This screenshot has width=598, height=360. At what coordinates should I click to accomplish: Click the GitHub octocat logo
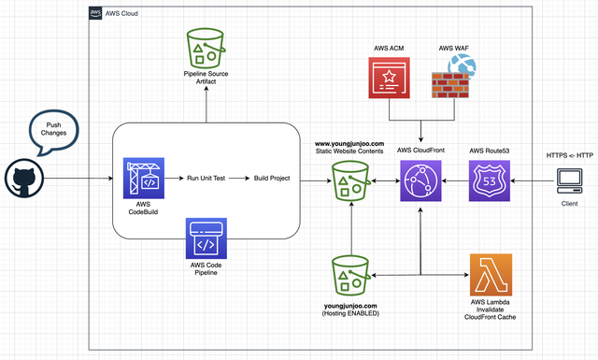click(x=24, y=179)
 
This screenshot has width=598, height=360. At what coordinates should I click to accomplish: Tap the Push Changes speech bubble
click(x=54, y=131)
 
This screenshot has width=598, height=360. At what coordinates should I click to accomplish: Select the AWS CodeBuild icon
click(x=143, y=179)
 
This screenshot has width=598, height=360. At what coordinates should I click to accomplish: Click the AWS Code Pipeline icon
click(x=206, y=238)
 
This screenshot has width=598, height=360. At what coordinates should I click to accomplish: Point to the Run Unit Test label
click(x=206, y=179)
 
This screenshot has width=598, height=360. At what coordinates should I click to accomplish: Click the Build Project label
click(x=272, y=179)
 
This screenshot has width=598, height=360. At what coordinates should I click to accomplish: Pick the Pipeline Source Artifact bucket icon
click(x=206, y=48)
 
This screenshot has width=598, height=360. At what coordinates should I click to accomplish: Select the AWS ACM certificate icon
click(x=389, y=78)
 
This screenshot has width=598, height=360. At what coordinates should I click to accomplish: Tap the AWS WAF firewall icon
click(x=453, y=77)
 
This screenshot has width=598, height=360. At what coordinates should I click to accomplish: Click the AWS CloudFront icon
click(x=420, y=180)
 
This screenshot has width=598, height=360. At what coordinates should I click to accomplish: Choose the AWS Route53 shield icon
click(x=490, y=180)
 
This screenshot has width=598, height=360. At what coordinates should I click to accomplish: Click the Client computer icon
click(x=569, y=181)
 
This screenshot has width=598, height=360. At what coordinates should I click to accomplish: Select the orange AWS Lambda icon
click(x=491, y=275)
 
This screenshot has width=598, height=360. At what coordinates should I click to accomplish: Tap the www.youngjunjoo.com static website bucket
click(x=351, y=181)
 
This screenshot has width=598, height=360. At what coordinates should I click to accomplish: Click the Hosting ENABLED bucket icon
click(x=351, y=275)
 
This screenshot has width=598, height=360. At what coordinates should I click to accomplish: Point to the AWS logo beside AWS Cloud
click(x=95, y=13)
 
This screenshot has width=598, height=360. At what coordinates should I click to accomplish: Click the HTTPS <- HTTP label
click(x=570, y=155)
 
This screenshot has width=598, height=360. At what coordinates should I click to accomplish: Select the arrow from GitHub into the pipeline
click(x=78, y=179)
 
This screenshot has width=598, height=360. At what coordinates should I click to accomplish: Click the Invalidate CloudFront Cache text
click(x=490, y=313)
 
